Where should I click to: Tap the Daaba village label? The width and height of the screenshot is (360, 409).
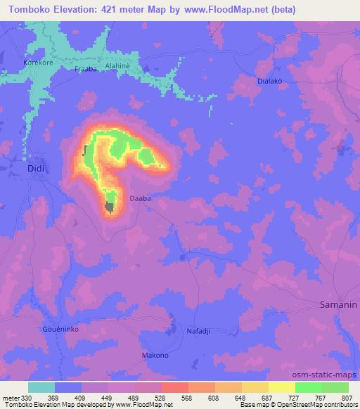[x=140, y=199]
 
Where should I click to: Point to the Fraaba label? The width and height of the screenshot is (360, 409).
[x=84, y=70]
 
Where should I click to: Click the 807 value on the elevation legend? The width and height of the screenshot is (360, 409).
[x=347, y=397]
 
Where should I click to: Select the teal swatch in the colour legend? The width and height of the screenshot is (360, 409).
[x=41, y=387]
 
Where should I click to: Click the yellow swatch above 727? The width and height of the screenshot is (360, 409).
[x=281, y=387]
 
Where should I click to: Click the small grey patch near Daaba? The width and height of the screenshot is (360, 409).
[x=110, y=207]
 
